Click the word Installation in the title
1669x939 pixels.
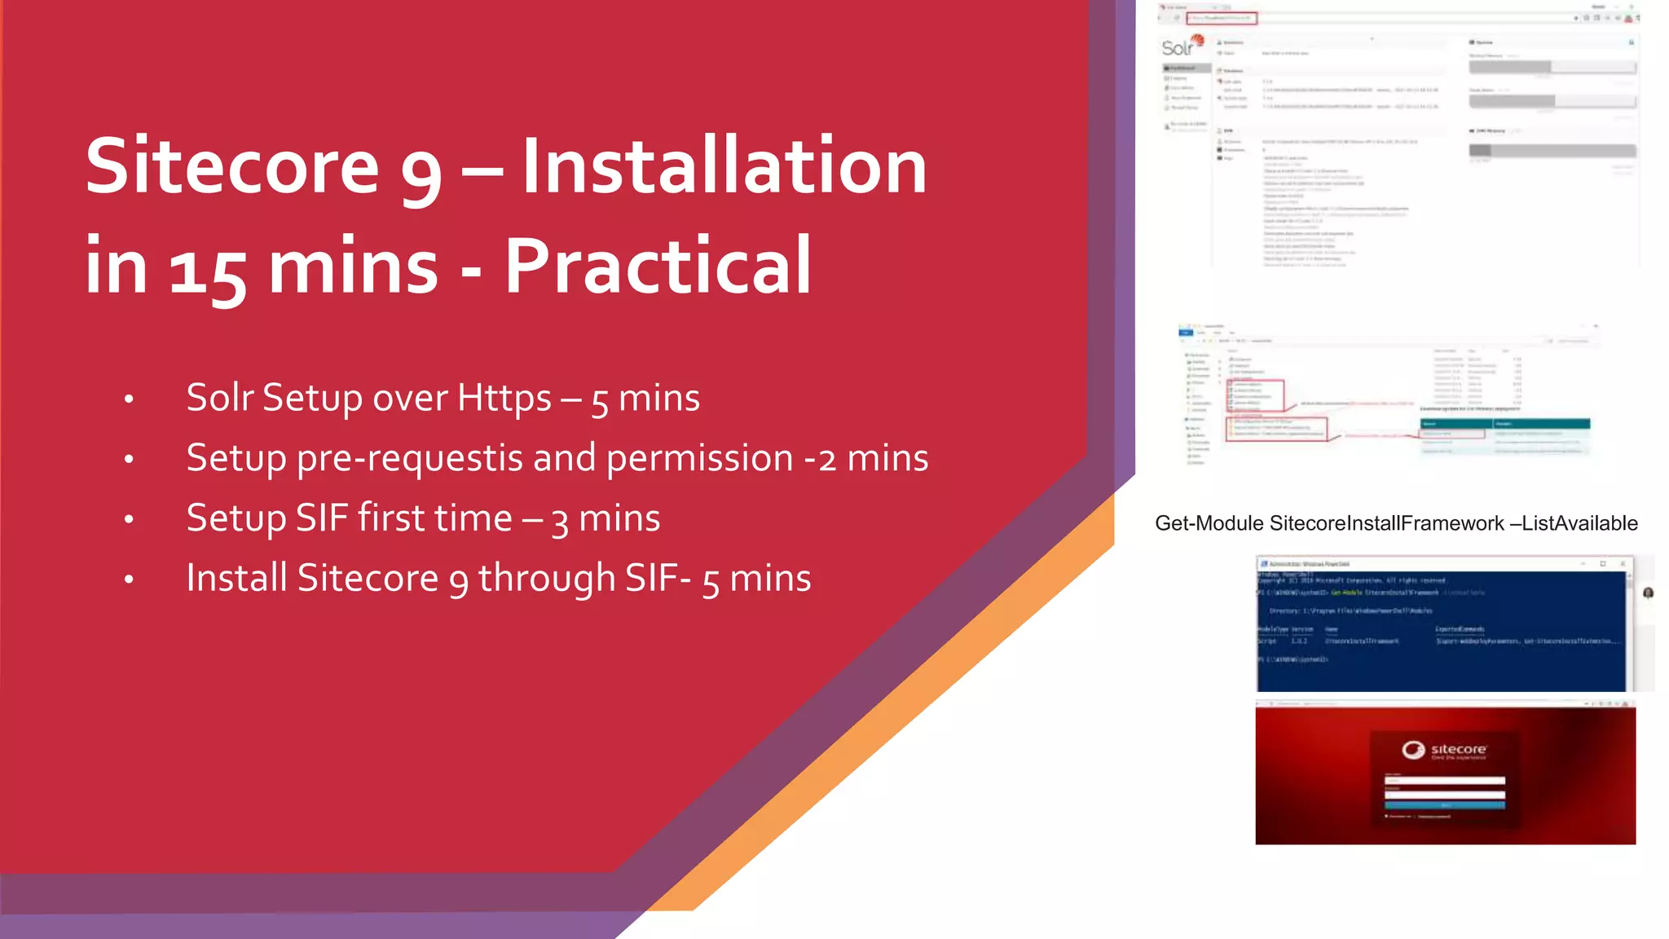724,167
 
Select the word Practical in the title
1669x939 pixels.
658,267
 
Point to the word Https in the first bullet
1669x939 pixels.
504,398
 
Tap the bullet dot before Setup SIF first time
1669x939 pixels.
129,519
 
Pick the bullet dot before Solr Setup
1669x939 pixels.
129,399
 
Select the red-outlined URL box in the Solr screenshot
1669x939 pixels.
1222,18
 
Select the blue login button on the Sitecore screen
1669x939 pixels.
1444,805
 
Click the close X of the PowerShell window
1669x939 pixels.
1623,564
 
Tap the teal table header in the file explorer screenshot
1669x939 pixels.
1504,424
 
